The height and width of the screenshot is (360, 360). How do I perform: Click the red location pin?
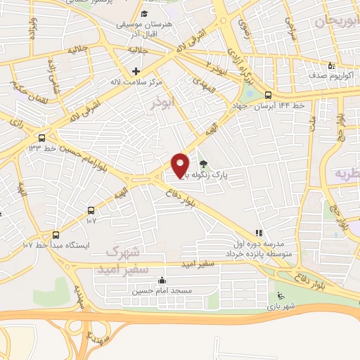[x=181, y=165]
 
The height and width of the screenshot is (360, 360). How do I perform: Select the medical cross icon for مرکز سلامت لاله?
[x=136, y=71]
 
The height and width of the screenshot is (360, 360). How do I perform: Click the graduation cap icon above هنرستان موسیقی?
[x=144, y=15]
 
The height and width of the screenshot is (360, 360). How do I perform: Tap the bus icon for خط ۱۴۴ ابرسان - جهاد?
[x=268, y=95]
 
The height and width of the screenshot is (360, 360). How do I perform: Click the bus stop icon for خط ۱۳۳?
[x=43, y=138]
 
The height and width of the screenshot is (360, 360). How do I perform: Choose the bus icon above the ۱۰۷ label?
[x=91, y=210]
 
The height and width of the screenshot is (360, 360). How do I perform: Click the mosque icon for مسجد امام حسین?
[x=162, y=280]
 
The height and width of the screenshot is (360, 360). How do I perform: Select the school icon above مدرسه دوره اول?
[x=259, y=233]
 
